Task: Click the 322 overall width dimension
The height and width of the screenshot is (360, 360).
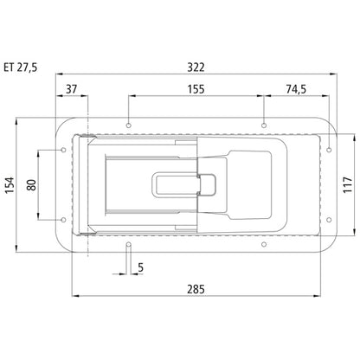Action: coord(196,67)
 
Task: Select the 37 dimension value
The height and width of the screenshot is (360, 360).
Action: coord(71,89)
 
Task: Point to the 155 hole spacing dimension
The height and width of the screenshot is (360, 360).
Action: coord(196,89)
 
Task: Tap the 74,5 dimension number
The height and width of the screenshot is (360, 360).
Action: coord(296,89)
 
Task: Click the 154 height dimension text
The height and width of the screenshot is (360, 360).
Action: coord(10,185)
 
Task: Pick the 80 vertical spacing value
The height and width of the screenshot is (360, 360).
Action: coord(32,185)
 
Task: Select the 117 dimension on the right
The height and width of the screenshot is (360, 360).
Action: coord(348,185)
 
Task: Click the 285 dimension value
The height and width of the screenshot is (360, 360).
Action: coord(196,289)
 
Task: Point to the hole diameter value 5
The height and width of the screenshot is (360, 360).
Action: coord(140,267)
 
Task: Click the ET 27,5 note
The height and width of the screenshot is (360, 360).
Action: coord(21,67)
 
